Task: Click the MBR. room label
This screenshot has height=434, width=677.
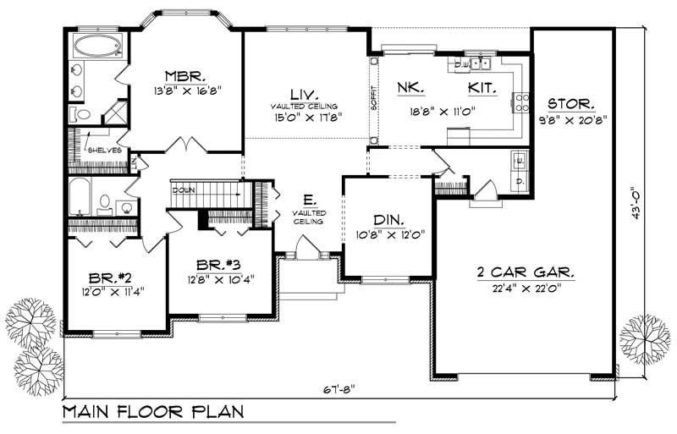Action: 181,73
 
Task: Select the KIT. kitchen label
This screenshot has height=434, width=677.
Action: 482,87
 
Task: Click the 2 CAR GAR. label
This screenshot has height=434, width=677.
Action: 525,273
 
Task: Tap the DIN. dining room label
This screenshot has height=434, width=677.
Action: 386,218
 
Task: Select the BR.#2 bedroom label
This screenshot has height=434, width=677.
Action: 109,277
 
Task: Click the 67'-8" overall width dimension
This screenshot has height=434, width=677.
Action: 339,388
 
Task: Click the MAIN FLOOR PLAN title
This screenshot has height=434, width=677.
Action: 153,414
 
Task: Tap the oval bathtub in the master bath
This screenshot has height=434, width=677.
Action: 95,46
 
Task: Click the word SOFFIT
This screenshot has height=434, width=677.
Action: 373,99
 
